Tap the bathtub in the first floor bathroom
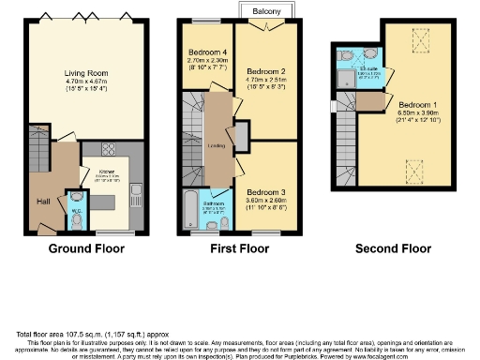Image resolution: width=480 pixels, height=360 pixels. click(x=191, y=207)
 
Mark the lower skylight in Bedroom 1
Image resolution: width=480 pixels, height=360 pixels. click(x=410, y=169)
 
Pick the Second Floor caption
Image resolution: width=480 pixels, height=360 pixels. click(x=393, y=249)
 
